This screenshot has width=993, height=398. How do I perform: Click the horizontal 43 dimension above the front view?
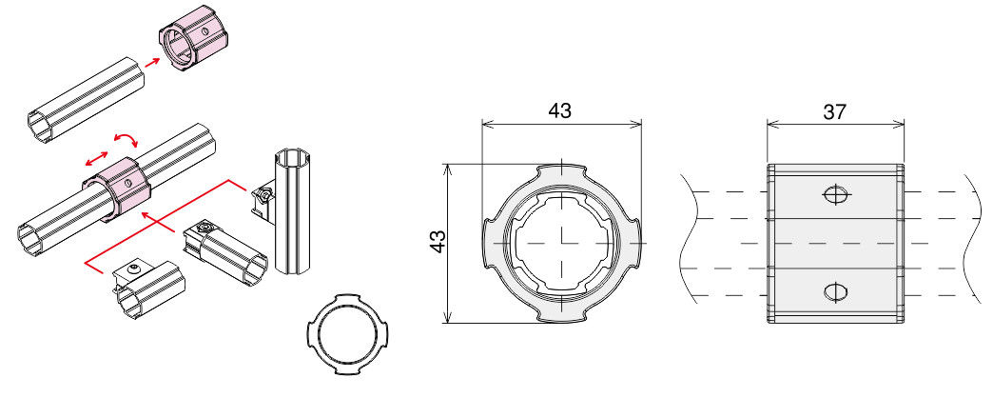[560, 110]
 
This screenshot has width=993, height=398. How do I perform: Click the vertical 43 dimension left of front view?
[438, 242]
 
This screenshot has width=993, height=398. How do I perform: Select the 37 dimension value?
[835, 112]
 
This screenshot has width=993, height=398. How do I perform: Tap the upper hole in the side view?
[835, 194]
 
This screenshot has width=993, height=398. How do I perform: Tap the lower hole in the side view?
[835, 291]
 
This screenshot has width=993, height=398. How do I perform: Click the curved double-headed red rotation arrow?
[127, 139]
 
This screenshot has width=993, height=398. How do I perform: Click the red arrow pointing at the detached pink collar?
[152, 62]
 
